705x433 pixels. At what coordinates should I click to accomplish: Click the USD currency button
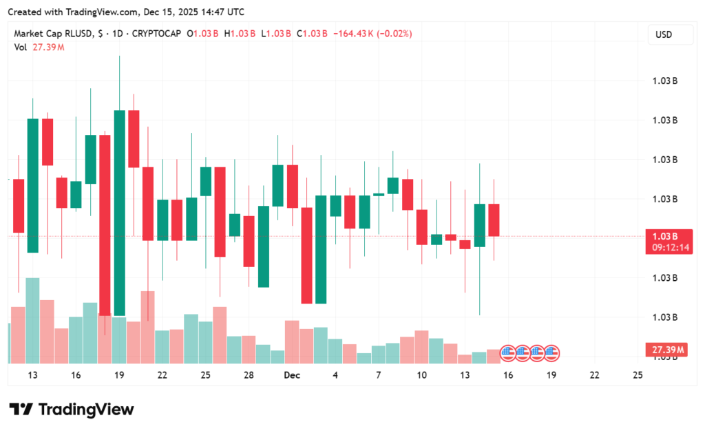coord(663,34)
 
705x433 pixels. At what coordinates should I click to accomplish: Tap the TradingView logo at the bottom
coord(71,410)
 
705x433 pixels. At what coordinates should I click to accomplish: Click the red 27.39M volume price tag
coord(668,350)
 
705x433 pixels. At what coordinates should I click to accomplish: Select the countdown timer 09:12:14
coord(668,248)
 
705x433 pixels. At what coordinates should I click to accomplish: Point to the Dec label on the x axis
coord(292,375)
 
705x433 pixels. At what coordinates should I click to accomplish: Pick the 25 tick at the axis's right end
coord(637,375)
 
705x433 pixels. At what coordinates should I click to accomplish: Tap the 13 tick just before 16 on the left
coord(33,375)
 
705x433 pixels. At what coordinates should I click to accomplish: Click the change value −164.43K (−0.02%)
coord(372,34)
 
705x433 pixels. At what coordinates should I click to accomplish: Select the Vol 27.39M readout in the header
coord(39,47)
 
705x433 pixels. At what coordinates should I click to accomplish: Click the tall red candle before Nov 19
coord(105,224)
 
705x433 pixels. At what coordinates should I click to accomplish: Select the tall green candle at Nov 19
coord(120,212)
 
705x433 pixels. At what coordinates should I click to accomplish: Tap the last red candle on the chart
coord(494,220)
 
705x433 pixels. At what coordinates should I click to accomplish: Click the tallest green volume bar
coord(32,320)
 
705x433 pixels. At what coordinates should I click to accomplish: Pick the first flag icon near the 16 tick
coord(507,354)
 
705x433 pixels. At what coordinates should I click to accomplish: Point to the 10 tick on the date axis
coord(421,375)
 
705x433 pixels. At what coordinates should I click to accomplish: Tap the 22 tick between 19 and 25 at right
coord(594,375)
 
